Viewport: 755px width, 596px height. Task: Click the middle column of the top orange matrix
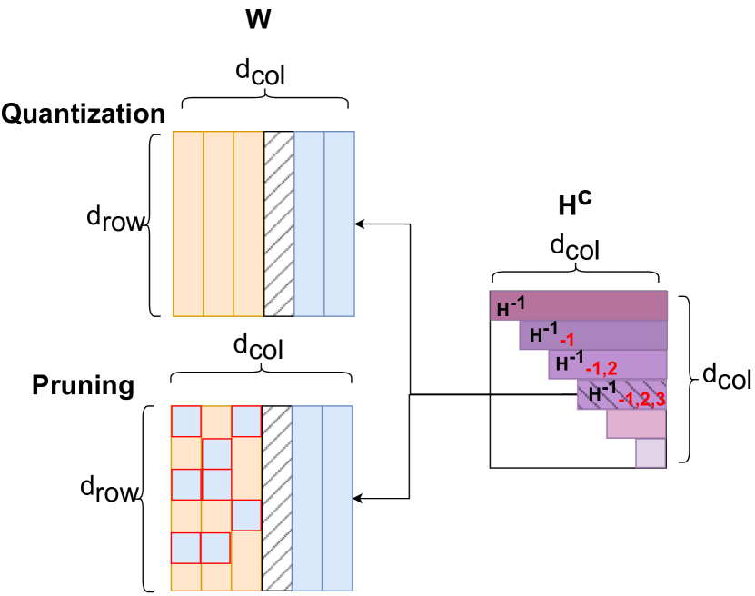click(x=218, y=223)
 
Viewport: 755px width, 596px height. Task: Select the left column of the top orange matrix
click(x=188, y=223)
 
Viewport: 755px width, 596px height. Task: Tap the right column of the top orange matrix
click(x=248, y=223)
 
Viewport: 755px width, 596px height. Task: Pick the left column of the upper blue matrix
click(x=309, y=223)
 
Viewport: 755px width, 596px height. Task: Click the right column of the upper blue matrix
click(x=339, y=223)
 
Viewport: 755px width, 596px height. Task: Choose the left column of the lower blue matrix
click(x=307, y=498)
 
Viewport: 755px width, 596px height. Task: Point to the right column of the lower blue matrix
click(x=337, y=498)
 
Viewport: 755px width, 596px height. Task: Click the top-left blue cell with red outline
click(x=186, y=422)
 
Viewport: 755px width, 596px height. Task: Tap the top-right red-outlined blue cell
click(x=246, y=422)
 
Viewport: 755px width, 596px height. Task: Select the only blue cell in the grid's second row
click(x=216, y=453)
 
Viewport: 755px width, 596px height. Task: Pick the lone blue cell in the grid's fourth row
click(x=246, y=515)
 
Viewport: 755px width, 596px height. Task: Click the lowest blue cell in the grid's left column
click(x=186, y=548)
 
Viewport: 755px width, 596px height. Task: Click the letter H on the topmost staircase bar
click(x=502, y=310)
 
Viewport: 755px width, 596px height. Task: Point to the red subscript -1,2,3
click(x=641, y=400)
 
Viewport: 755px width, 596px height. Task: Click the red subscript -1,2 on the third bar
click(x=601, y=369)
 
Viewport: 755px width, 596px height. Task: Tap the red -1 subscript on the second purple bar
click(x=567, y=340)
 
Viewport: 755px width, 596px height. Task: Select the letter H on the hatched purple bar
click(x=595, y=395)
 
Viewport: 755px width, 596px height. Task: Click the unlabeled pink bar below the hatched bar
click(x=636, y=424)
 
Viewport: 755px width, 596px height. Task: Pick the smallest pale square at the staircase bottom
click(x=651, y=452)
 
